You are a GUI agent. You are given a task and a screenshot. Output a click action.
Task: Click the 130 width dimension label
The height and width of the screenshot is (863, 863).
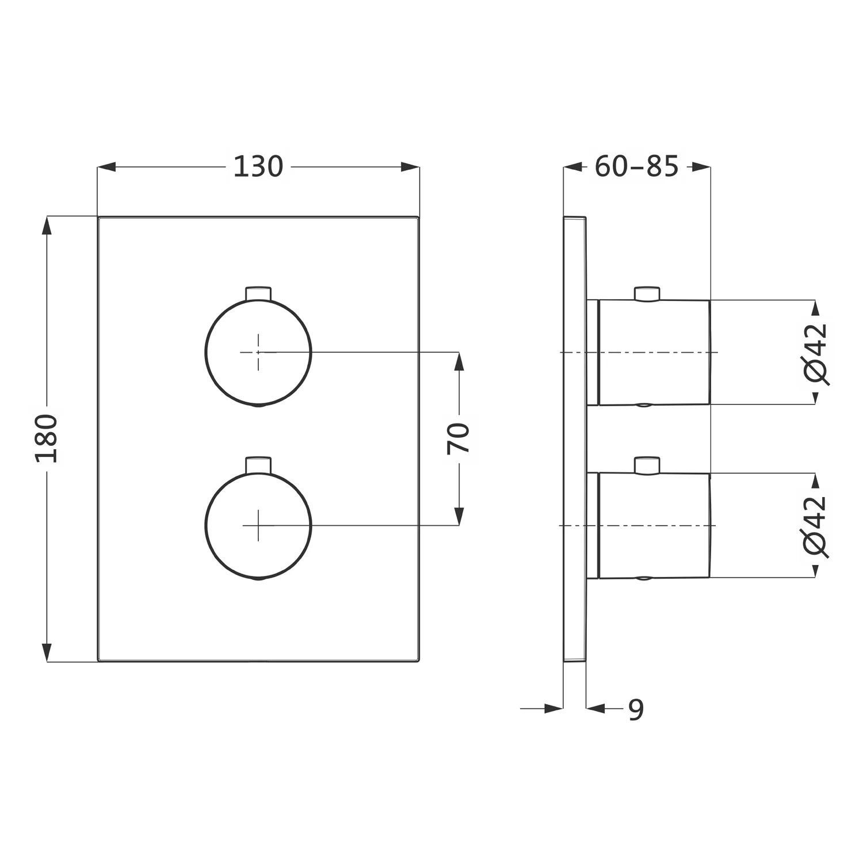tap(258, 167)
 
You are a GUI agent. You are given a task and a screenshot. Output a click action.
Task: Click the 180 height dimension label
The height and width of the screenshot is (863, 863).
tap(47, 438)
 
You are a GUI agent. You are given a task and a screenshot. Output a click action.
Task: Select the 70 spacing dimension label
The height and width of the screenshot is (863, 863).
tap(459, 438)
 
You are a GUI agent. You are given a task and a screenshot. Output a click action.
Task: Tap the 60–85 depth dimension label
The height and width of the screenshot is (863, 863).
tap(636, 167)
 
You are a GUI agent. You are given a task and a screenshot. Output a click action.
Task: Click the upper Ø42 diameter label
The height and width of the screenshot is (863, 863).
tap(815, 353)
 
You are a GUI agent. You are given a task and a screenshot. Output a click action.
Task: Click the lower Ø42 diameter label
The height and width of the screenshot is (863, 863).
tap(815, 526)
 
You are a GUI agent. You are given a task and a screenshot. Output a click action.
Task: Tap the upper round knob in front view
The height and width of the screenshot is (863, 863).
tap(258, 352)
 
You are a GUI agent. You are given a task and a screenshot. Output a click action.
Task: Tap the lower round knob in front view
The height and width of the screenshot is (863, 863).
tap(258, 525)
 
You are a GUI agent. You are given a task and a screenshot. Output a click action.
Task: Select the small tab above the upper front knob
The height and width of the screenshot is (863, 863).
tap(258, 293)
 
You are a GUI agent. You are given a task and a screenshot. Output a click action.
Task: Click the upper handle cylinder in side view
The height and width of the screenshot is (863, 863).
tap(654, 353)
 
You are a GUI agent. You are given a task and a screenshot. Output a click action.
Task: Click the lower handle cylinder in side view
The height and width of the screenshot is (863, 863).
tap(654, 525)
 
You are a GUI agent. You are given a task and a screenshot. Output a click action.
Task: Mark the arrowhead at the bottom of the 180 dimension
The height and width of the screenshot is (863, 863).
tap(47, 652)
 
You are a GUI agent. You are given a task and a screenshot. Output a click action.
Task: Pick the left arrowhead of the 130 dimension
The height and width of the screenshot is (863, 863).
tap(107, 167)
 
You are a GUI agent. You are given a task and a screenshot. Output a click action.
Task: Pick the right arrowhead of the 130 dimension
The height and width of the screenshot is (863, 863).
tap(410, 167)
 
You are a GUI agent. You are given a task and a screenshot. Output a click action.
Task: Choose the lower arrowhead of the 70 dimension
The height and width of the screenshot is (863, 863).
tap(459, 516)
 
